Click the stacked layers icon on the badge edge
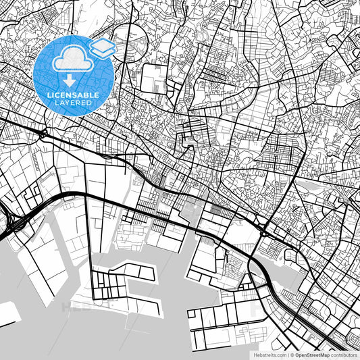(x=102, y=47)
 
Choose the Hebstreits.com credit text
(x=265, y=354)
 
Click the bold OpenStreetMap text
(x=311, y=354)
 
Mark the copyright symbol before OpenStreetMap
(x=292, y=354)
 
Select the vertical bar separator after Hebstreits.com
(x=286, y=354)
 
